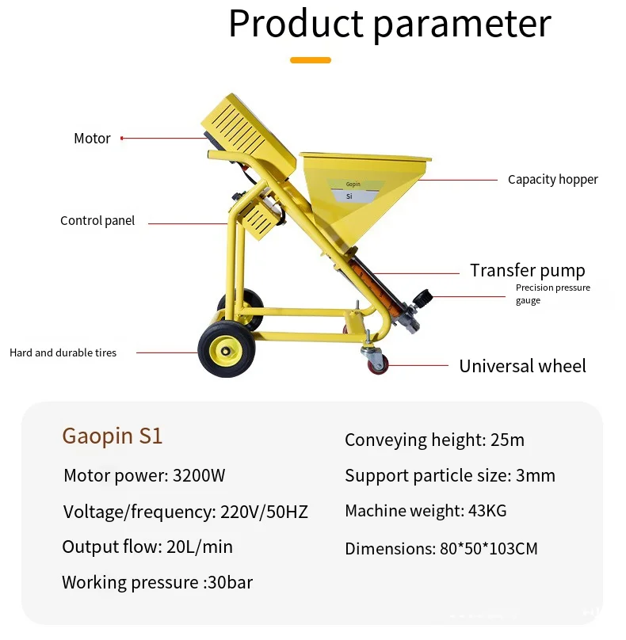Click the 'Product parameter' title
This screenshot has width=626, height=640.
click(389, 24)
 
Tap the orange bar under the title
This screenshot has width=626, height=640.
click(310, 60)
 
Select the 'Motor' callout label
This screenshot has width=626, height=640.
click(92, 139)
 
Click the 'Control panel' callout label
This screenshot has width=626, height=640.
click(97, 221)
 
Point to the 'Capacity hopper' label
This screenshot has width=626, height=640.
click(552, 180)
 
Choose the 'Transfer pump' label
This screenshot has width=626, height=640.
click(527, 270)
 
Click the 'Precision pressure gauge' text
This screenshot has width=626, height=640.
click(552, 294)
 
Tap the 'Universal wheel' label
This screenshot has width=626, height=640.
click(522, 366)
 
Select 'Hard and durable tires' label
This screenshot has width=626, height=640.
click(63, 352)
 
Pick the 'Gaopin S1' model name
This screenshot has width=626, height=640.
click(113, 436)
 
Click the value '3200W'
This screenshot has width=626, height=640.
click(199, 476)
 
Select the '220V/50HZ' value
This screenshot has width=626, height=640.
click(261, 512)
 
